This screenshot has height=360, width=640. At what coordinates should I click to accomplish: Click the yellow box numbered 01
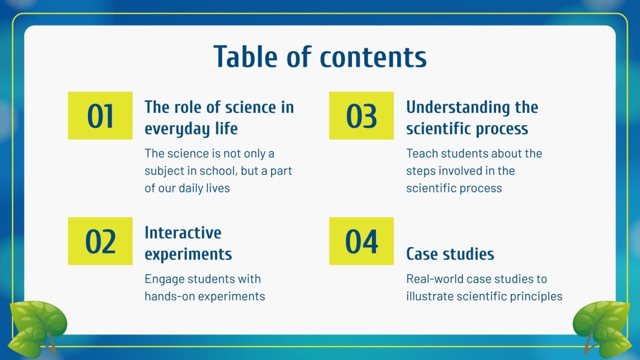coord(100,116)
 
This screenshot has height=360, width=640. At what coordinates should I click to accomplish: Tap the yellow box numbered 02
coord(100,241)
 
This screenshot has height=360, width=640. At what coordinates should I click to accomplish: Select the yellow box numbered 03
coord(361,116)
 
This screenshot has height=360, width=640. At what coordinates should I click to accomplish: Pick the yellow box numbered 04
coord(361,241)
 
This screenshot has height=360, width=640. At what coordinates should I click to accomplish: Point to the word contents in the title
coord(373,57)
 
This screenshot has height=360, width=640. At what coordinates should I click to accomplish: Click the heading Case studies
coord(450,254)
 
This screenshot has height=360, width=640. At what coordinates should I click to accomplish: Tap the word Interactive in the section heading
coord(183,233)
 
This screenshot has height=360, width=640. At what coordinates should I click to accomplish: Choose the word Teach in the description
coord(420,154)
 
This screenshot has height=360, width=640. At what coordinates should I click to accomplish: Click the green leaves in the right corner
coord(602,327)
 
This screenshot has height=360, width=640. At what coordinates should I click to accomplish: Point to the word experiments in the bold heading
coord(188,254)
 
